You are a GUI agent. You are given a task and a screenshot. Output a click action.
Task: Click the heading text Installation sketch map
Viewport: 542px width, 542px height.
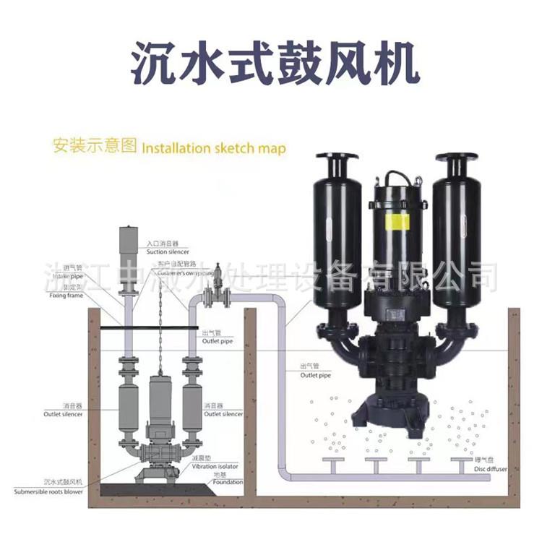click(x=213, y=149)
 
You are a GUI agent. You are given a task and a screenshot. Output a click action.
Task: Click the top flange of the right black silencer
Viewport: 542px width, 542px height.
click(x=457, y=157)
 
